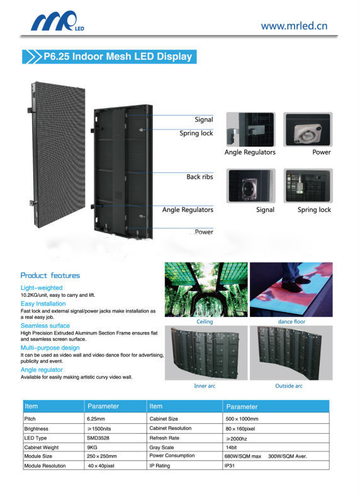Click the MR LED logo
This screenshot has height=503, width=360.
coord(57,21)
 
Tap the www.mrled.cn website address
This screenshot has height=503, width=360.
coord(294,26)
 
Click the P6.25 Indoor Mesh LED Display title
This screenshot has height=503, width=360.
coord(118,57)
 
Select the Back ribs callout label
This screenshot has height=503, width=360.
coord(200,177)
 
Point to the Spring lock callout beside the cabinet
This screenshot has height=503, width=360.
coord(196,133)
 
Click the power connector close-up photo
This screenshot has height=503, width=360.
coord(308,130)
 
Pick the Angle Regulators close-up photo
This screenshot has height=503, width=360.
coord(250,130)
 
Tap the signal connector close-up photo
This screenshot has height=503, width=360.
coord(250,185)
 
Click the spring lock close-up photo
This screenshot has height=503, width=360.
coord(308,185)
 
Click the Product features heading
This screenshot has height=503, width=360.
coord(50,275)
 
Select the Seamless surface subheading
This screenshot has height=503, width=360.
coord(45,326)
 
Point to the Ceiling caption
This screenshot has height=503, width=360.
coord(205,321)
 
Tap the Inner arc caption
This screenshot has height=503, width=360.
coord(205,386)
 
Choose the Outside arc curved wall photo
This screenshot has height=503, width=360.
coord(291,353)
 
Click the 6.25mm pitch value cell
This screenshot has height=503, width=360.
coord(96,419)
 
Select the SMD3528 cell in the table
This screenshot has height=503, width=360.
coord(98,438)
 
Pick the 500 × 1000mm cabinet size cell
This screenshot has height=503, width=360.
coord(242,419)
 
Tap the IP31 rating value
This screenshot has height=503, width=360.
coord(230,465)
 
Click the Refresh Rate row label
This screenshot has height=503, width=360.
coord(164,438)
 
